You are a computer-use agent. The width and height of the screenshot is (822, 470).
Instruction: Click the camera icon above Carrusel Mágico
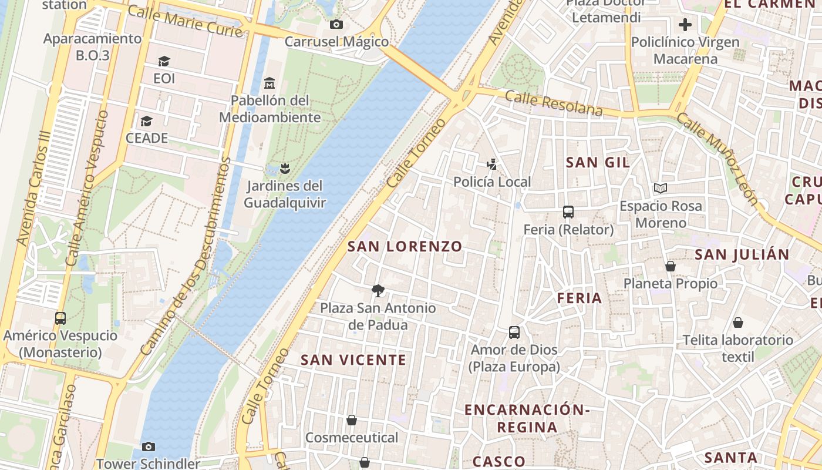pyautogui.click(x=336, y=24)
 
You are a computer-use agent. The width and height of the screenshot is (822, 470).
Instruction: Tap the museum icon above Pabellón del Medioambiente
pyautogui.click(x=269, y=82)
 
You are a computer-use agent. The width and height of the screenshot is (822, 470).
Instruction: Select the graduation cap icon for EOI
pyautogui.click(x=164, y=61)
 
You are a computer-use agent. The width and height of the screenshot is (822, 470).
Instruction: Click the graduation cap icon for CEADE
pyautogui.click(x=146, y=121)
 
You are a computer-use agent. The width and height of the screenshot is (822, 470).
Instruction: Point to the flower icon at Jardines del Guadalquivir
pyautogui.click(x=285, y=169)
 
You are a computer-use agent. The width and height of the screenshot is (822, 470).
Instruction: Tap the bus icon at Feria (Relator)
pyautogui.click(x=568, y=212)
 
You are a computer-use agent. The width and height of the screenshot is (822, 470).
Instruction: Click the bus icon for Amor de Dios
pyautogui.click(x=514, y=333)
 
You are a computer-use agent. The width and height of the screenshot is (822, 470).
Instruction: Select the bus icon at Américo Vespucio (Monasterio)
pyautogui.click(x=60, y=318)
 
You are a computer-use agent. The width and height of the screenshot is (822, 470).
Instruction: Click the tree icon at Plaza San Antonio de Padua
pyautogui.click(x=378, y=290)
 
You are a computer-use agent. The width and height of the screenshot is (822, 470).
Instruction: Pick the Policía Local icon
pyautogui.click(x=492, y=164)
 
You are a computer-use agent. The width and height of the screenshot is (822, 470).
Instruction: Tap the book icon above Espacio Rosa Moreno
pyautogui.click(x=661, y=189)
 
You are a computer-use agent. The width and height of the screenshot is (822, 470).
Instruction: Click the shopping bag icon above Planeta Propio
pyautogui.click(x=671, y=266)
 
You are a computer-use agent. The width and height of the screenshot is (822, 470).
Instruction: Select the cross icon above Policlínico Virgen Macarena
pyautogui.click(x=685, y=25)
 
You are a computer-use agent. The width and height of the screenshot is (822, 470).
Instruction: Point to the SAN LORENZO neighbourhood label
pyautogui.click(x=405, y=246)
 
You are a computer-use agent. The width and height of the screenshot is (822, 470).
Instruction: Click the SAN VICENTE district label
pyautogui.click(x=353, y=360)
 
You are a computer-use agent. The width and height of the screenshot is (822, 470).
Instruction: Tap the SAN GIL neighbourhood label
pyautogui.click(x=598, y=163)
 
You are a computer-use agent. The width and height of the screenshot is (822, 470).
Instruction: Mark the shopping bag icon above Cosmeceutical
pyautogui.click(x=351, y=420)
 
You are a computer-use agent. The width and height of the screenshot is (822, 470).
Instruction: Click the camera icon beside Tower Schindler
pyautogui.click(x=149, y=447)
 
